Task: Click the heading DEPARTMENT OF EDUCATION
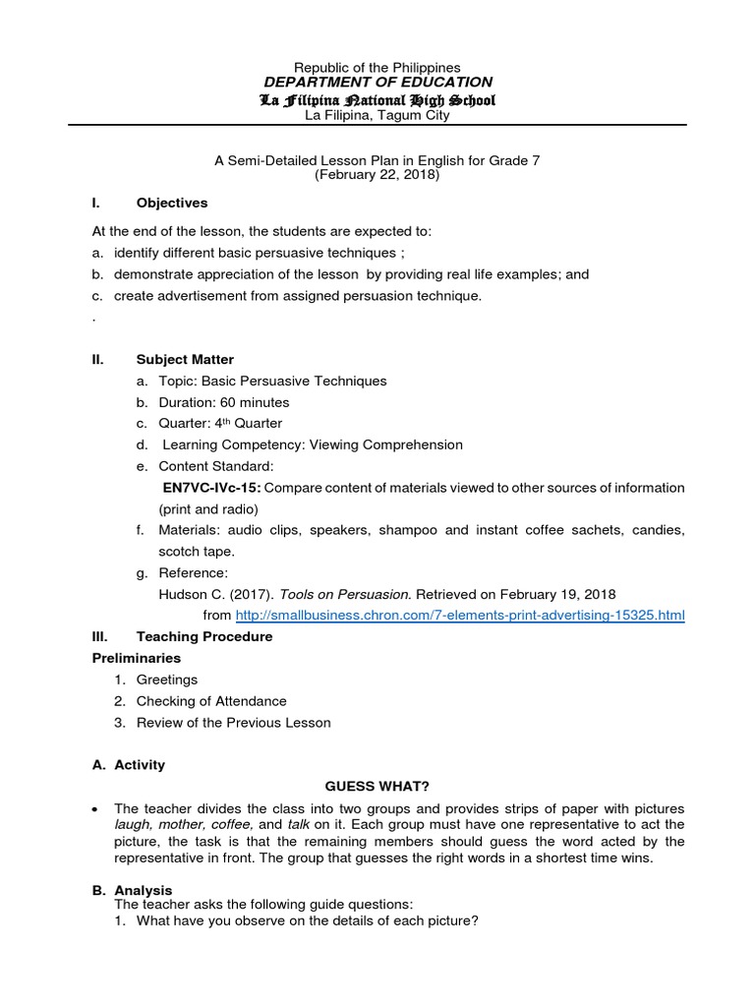(377, 83)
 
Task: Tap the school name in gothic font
(377, 100)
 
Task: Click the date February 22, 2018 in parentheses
(377, 174)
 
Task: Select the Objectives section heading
(172, 203)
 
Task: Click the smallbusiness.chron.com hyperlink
(460, 616)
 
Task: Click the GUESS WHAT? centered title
(377, 787)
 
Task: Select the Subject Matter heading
(185, 360)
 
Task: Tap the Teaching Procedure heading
(204, 637)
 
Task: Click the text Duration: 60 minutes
(224, 402)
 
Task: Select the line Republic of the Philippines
(377, 66)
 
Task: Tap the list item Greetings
(167, 680)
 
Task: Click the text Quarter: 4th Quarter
(220, 424)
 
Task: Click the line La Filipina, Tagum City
(377, 116)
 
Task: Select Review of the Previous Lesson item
(233, 723)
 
